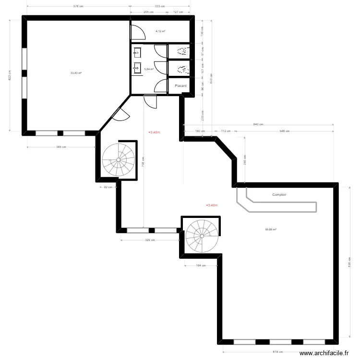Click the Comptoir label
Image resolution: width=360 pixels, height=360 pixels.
coord(279,195)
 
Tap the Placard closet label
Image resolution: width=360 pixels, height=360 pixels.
coord(180,86)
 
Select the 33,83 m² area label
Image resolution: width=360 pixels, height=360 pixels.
coord(76,73)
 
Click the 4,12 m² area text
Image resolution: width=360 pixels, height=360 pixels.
coord(160,31)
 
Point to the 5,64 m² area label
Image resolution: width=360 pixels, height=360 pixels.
coord(149,69)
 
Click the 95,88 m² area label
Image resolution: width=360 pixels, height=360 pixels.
coord(271,229)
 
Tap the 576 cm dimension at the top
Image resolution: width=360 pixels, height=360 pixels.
coord(78,7)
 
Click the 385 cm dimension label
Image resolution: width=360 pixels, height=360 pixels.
coord(61,147)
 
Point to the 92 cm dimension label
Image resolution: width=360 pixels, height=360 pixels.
coord(108,187)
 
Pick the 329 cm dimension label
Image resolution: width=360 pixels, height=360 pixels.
coord(150,240)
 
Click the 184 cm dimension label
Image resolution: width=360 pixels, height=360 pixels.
coord(201,265)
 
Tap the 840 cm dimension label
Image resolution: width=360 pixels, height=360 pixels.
coord(258,125)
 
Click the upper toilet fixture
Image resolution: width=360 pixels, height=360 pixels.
coord(182,51)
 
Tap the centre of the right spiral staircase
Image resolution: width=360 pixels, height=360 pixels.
coord(202,236)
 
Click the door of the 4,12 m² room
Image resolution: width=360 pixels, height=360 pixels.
coord(138,32)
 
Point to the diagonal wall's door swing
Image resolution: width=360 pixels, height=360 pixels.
coord(121,114)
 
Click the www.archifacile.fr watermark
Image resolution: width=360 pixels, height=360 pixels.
coord(324,353)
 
